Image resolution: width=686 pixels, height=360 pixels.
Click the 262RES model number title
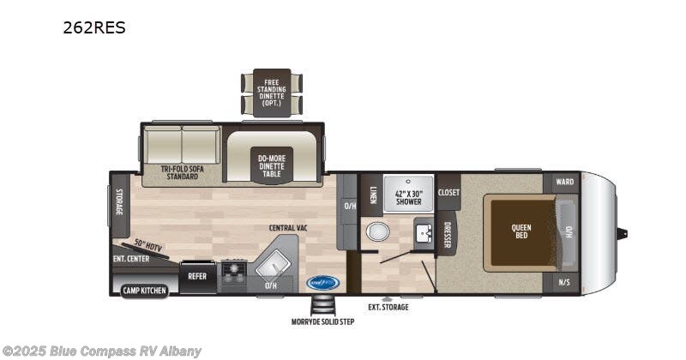pyautogui.click(x=93, y=27)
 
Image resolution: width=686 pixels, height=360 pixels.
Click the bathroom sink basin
pyautogui.click(x=423, y=232)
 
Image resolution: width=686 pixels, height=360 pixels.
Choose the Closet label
pyautogui.click(x=448, y=193)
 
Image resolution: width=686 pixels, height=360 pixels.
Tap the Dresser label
pyautogui.click(x=447, y=236)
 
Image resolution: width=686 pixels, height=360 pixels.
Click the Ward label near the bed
pyautogui.click(x=564, y=182)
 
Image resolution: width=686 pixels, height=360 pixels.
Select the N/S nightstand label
pyautogui.click(x=564, y=282)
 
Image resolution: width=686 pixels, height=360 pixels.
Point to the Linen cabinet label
pyautogui.click(x=373, y=195)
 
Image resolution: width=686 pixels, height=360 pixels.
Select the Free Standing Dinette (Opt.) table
pyautogui.click(x=272, y=93)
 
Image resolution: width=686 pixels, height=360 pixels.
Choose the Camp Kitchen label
pyautogui.click(x=143, y=291)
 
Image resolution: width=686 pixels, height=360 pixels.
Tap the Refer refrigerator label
pyautogui.click(x=197, y=277)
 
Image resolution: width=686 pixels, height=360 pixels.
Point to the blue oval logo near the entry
pyautogui.click(x=322, y=281)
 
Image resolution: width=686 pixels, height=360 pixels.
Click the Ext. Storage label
pyautogui.click(x=388, y=306)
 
